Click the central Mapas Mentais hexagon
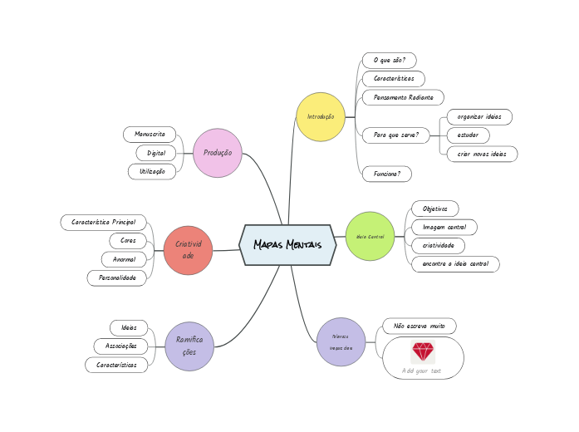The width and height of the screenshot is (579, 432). pyautogui.click(x=287, y=245)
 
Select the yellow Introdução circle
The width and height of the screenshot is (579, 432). pyautogui.click(x=321, y=116)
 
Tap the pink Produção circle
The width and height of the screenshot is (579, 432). pyautogui.click(x=218, y=153)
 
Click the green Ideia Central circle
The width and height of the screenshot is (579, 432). pyautogui.click(x=370, y=237)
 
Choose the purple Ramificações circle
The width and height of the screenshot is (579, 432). pyautogui.click(x=189, y=346)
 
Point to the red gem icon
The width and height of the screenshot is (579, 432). pyautogui.click(x=423, y=351)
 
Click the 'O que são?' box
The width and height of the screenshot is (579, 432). pyautogui.click(x=389, y=60)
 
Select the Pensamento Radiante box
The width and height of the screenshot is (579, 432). pyautogui.click(x=403, y=97)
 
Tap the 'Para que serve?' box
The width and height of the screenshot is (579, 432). pyautogui.click(x=395, y=135)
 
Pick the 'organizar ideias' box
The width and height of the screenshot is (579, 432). pyautogui.click(x=479, y=117)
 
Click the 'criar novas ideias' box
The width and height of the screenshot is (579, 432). pyautogui.click(x=482, y=154)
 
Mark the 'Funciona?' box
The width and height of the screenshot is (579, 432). pyautogui.click(x=387, y=174)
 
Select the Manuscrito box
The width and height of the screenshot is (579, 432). pyautogui.click(x=150, y=134)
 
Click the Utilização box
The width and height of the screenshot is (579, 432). pyautogui.click(x=152, y=171)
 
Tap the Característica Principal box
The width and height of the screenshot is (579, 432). pyautogui.click(x=104, y=223)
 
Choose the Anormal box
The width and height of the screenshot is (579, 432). pyautogui.click(x=124, y=259)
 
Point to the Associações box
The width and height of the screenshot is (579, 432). pyautogui.click(x=121, y=346)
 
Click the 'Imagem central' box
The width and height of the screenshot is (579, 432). pyautogui.click(x=444, y=227)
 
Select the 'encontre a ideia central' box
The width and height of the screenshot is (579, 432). pyautogui.click(x=455, y=264)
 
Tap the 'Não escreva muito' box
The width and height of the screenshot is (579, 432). pyautogui.click(x=420, y=326)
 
